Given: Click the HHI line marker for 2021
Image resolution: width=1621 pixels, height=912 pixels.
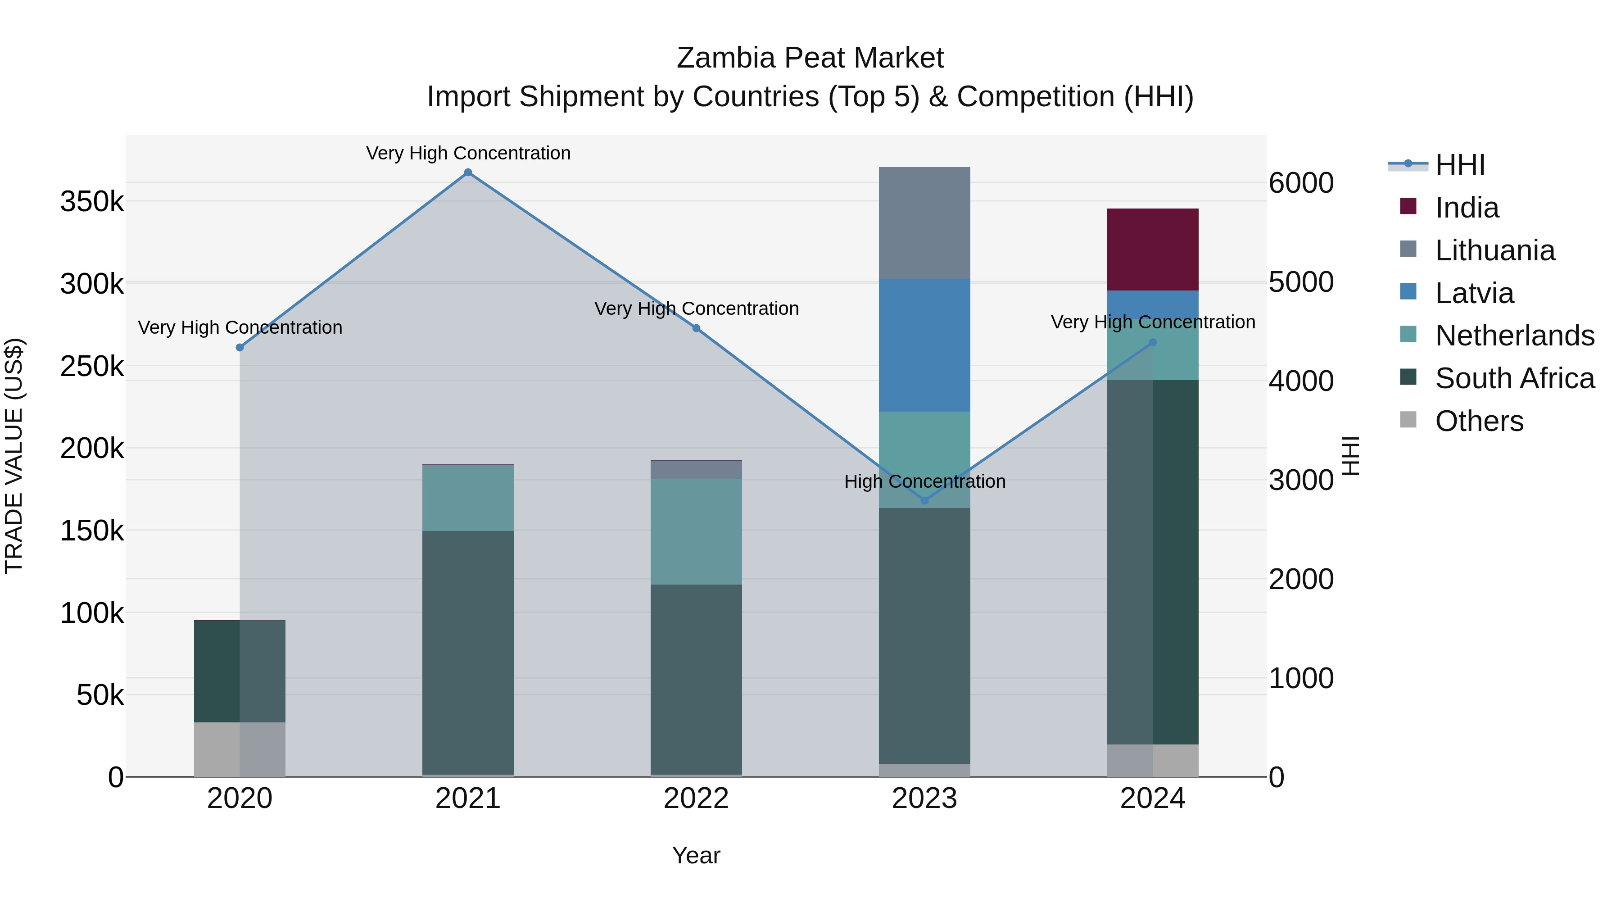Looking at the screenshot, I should pos(467,172).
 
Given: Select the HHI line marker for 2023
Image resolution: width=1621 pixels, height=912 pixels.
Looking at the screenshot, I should pos(924,500).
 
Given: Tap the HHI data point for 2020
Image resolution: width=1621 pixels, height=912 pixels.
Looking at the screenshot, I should pos(240,347).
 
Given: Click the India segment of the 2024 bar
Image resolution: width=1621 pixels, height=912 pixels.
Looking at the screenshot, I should pos(1153,249).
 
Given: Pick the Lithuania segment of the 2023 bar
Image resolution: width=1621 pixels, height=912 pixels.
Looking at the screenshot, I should pos(924,223).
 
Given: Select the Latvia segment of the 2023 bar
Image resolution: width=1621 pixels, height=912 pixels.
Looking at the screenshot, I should pos(924,345).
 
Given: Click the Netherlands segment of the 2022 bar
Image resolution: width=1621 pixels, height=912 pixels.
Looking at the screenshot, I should pos(696,531).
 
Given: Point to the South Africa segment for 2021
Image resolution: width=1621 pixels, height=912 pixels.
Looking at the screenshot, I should pos(467,652).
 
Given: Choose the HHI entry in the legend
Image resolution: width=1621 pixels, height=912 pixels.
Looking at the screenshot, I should pos(1459,165).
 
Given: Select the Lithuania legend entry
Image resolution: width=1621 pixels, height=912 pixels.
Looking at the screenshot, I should pos(1494,250).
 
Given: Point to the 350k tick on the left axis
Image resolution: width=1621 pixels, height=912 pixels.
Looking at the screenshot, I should pos(92,202).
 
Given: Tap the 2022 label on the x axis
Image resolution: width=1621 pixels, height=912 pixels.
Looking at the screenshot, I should pos(696,799).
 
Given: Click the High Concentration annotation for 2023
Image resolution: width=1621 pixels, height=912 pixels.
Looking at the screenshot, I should pos(924,481).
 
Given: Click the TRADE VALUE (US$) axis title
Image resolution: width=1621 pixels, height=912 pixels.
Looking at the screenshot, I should pos(14,456).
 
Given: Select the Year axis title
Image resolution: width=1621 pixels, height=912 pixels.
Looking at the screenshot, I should pos(696,855).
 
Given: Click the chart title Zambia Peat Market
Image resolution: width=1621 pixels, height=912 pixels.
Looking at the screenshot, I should pos(810,58).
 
